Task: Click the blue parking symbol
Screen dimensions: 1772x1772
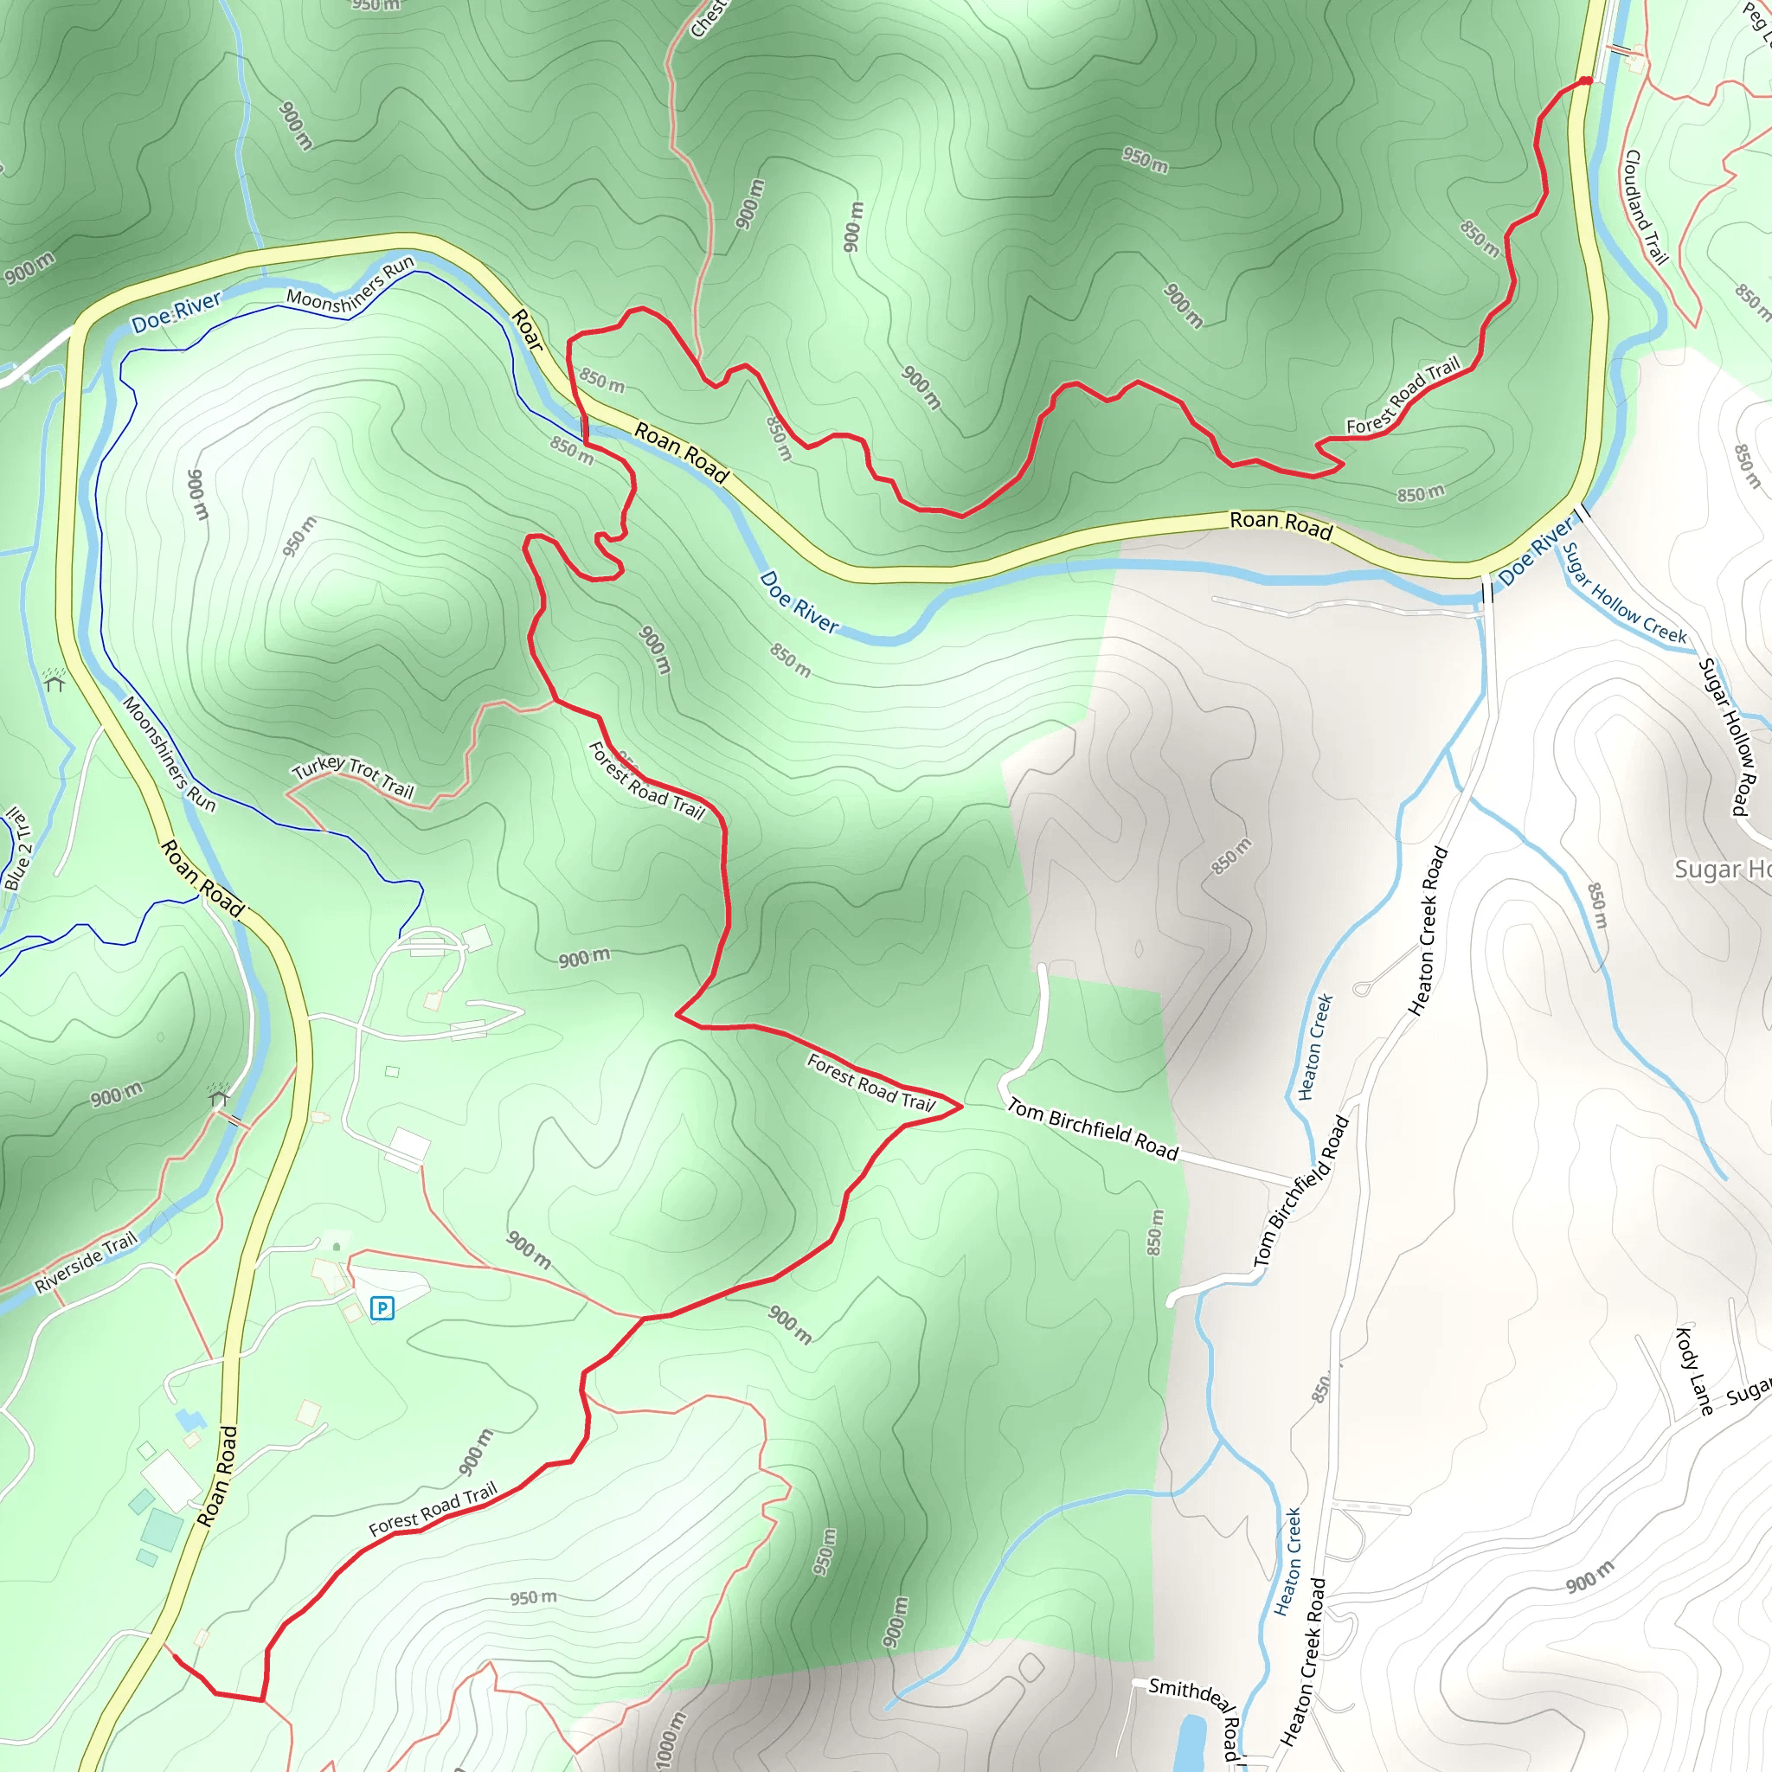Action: click(x=382, y=1308)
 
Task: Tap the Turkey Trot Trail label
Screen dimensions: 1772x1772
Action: click(x=353, y=777)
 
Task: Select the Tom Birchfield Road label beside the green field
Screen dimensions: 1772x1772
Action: click(x=1093, y=1129)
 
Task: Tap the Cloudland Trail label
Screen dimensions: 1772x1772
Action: click(x=1646, y=208)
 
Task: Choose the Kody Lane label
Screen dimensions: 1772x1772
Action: click(x=1694, y=1371)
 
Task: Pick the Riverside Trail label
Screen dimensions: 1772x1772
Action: click(x=87, y=1262)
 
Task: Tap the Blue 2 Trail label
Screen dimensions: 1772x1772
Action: click(x=17, y=849)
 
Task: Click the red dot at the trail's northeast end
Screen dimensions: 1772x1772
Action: click(x=1586, y=81)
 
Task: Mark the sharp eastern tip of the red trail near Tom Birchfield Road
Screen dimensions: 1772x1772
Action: click(x=961, y=1106)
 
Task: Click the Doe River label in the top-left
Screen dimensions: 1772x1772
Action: click(x=177, y=311)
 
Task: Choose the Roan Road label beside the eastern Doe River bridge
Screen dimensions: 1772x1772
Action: click(x=1281, y=523)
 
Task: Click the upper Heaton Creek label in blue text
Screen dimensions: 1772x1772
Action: click(x=1315, y=1047)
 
